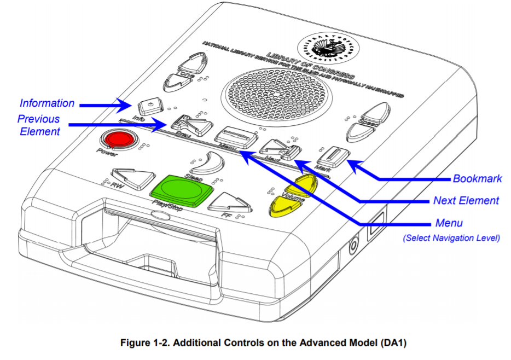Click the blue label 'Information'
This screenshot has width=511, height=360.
click(x=47, y=103)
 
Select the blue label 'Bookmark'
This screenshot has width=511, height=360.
click(x=478, y=178)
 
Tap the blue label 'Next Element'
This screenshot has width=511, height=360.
click(x=466, y=201)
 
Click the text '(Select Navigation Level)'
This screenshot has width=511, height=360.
click(x=451, y=238)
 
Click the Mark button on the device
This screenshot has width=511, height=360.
click(x=333, y=154)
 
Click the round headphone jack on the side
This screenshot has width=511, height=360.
click(x=353, y=244)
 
